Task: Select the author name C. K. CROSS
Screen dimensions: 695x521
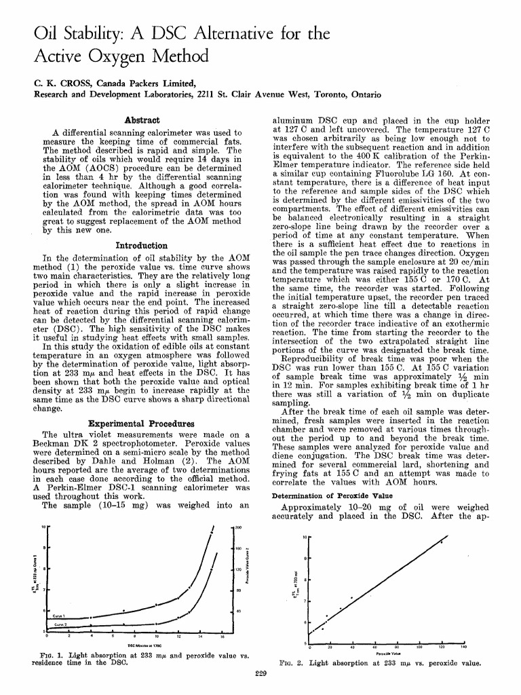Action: tap(62, 82)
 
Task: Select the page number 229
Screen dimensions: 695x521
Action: tap(260, 673)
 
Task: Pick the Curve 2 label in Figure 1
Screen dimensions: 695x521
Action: tap(60, 623)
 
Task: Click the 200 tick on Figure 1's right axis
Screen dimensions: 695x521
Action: tap(238, 527)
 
